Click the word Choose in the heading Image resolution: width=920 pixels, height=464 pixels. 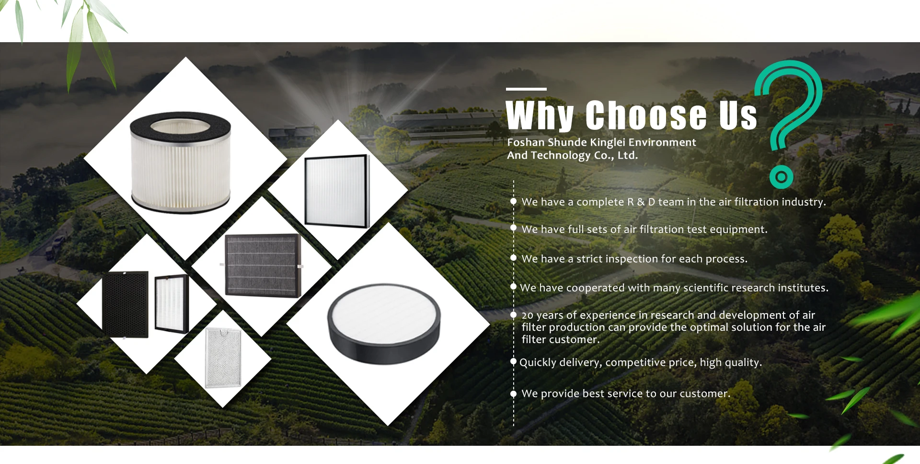point(646,116)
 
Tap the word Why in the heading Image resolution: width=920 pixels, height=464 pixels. point(540,116)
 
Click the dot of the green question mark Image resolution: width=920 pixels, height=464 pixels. point(781,177)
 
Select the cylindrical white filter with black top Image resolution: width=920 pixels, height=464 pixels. point(180,162)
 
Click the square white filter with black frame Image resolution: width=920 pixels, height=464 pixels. point(337,191)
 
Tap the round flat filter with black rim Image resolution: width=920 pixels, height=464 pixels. point(384,324)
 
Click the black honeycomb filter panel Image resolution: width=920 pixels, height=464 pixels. point(126,304)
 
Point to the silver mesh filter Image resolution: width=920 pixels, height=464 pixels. point(223,358)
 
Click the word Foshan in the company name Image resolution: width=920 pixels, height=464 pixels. point(526,142)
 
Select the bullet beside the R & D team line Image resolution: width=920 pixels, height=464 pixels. point(513,201)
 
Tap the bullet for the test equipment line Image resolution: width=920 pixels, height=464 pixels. point(513,228)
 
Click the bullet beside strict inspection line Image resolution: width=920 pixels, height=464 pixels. point(513,258)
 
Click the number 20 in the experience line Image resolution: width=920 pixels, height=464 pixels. point(527,315)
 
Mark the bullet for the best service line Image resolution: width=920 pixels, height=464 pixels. point(513,394)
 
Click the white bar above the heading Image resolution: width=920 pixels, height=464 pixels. point(526,89)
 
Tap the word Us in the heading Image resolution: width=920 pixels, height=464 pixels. point(738,116)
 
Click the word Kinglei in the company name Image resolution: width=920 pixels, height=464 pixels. point(608,142)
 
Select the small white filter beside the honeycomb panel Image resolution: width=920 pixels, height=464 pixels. point(172,304)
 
